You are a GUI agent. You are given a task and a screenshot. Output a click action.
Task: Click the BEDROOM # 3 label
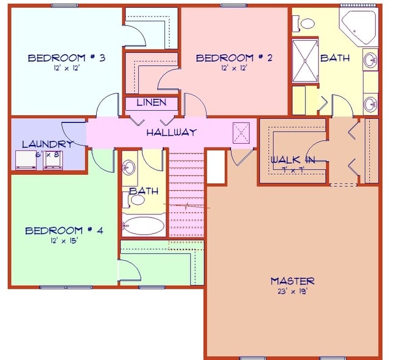[66, 58]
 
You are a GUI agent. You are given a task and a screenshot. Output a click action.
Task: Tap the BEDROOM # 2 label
[233, 58]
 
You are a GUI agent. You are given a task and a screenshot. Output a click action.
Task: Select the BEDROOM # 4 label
[64, 230]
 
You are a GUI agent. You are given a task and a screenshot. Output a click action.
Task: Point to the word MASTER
[292, 281]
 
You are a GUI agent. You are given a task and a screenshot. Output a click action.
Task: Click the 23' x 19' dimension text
[292, 291]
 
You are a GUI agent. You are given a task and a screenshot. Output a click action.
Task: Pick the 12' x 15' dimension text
[64, 240]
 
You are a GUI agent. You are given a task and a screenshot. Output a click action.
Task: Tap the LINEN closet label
[151, 102]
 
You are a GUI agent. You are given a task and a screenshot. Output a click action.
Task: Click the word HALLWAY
[171, 132]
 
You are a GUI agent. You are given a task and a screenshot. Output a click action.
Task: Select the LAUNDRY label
[48, 144]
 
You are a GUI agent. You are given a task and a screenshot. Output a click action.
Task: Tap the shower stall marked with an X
[305, 61]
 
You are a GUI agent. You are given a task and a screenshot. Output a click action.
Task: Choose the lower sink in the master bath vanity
[370, 104]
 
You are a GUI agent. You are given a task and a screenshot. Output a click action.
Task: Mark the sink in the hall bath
[129, 167]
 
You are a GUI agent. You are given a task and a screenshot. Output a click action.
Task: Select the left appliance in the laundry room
[26, 159]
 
